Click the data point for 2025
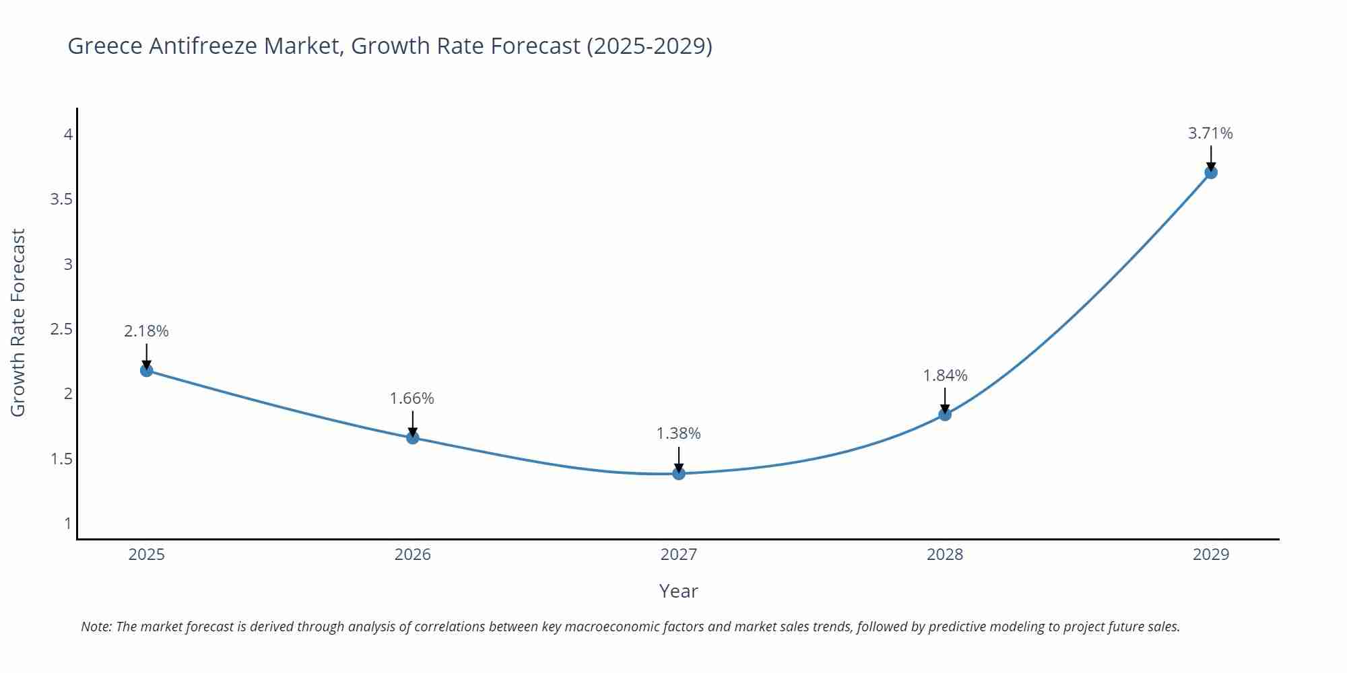pos(146,370)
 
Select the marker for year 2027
pos(679,474)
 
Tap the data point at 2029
pos(1211,172)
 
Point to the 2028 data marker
pos(945,415)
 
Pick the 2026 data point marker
pos(413,437)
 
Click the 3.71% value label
pos(1210,133)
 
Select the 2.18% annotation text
pos(146,331)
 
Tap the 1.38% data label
pos(679,433)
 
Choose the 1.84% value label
pos(945,376)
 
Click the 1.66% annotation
pos(412,398)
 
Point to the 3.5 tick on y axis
pos(61,199)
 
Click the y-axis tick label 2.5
pos(61,329)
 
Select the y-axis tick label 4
pos(68,135)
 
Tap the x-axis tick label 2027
pos(679,555)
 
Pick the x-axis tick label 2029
pos(1211,555)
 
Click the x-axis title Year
pos(679,591)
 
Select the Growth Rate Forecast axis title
pos(18,322)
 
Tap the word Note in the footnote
pos(96,627)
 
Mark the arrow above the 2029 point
pos(1211,159)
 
